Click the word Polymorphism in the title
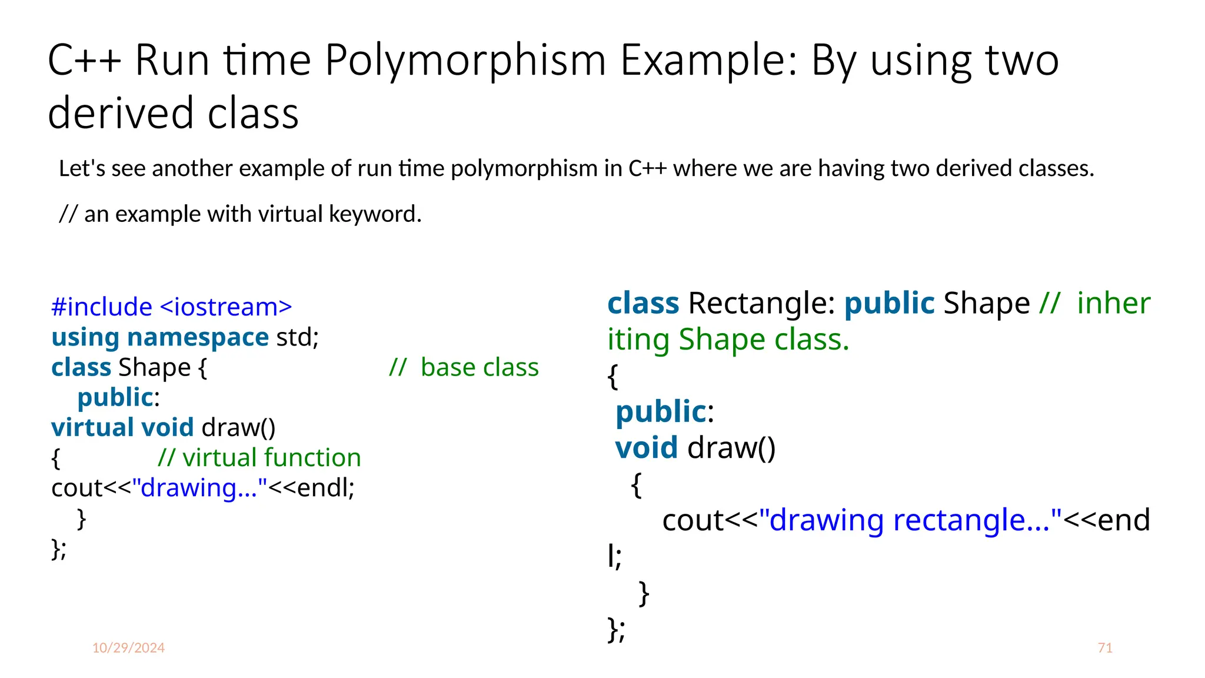[x=465, y=61]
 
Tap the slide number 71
[x=1105, y=648]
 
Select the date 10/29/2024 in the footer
[x=128, y=648]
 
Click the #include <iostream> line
[x=171, y=307]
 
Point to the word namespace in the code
[x=198, y=337]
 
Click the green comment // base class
[x=464, y=367]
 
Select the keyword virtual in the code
[x=92, y=427]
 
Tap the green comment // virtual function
[x=259, y=458]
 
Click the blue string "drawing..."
[x=199, y=488]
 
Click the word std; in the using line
[x=298, y=337]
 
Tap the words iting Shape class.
[x=728, y=340]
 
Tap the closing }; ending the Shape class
[x=59, y=549]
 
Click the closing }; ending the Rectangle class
[x=615, y=630]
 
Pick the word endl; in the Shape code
[x=325, y=488]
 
